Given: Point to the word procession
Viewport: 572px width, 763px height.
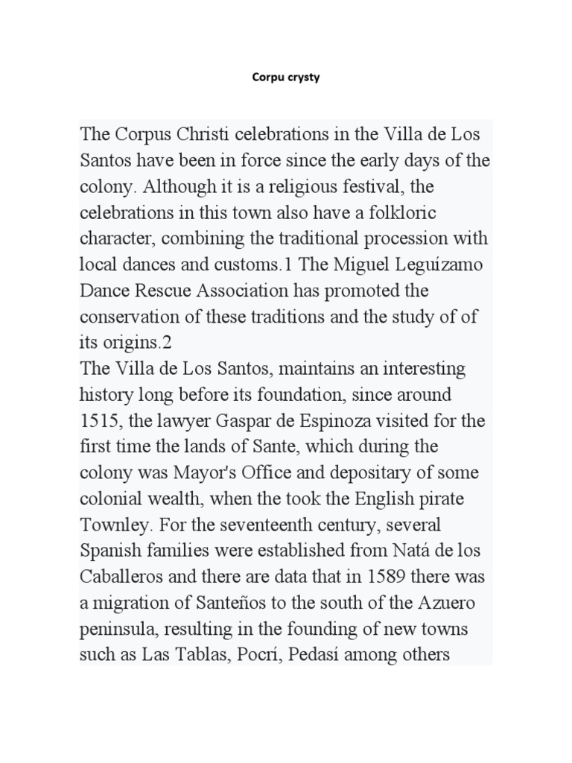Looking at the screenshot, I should tap(393, 238).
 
